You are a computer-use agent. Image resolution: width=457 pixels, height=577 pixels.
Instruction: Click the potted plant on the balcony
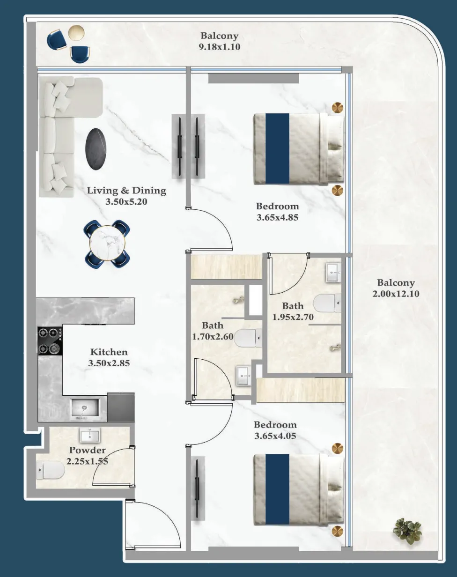pyautogui.click(x=407, y=531)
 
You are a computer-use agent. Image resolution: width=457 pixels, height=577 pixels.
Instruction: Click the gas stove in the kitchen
pyautogui.click(x=50, y=340)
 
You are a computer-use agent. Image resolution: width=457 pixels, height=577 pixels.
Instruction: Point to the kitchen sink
pyautogui.click(x=85, y=409)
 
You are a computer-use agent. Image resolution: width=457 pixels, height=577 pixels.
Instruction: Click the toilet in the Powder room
pyautogui.click(x=50, y=470)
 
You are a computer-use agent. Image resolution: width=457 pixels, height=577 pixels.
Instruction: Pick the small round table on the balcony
pyautogui.click(x=76, y=33)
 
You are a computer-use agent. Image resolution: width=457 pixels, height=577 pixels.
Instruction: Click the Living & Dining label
pyautogui.click(x=126, y=191)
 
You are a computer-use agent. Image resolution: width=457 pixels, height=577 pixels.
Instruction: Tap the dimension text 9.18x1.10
pyautogui.click(x=220, y=46)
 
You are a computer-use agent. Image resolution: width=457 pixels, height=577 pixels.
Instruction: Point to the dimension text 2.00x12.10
pyautogui.click(x=396, y=294)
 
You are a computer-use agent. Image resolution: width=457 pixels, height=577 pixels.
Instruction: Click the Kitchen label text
pyautogui.click(x=109, y=352)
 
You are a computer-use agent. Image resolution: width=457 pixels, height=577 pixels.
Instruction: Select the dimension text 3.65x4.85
pyautogui.click(x=277, y=217)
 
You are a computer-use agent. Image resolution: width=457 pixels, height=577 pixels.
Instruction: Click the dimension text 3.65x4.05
pyautogui.click(x=275, y=436)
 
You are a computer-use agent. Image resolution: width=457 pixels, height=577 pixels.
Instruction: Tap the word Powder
pyautogui.click(x=88, y=450)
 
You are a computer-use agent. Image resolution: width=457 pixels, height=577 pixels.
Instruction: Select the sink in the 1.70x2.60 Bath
pyautogui.click(x=243, y=376)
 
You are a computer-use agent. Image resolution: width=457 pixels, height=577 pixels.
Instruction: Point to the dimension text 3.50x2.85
pyautogui.click(x=109, y=363)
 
